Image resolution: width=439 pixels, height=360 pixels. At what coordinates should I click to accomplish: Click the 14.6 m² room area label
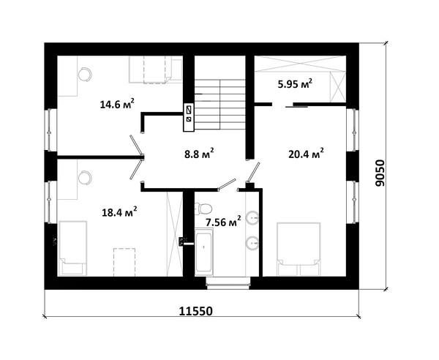(x=117, y=104)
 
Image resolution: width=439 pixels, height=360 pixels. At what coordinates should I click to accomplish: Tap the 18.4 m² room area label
(x=119, y=212)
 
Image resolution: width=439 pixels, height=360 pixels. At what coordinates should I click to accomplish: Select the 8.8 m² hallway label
(x=199, y=153)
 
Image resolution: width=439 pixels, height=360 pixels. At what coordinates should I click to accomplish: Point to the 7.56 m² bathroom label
(x=223, y=222)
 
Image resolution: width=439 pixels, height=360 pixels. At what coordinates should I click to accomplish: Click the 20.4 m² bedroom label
(x=306, y=154)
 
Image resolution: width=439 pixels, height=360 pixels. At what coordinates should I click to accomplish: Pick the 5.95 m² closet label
(x=295, y=83)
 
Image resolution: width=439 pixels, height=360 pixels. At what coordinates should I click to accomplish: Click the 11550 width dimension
(x=195, y=311)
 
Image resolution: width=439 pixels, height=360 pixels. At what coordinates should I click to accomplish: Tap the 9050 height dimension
(x=380, y=173)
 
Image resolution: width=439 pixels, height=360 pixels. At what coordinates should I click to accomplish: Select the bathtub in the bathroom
(x=203, y=252)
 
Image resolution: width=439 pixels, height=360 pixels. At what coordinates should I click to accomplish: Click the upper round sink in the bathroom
(x=253, y=217)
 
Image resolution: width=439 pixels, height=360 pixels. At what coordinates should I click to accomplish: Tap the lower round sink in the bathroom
(x=253, y=243)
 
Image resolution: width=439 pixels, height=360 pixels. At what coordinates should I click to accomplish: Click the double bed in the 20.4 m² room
(x=299, y=249)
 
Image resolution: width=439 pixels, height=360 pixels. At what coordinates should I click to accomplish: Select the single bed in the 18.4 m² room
(x=72, y=248)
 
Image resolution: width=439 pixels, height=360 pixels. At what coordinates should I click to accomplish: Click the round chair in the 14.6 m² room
(x=85, y=75)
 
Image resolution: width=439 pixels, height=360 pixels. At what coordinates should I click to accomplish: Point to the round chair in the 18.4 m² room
(x=85, y=178)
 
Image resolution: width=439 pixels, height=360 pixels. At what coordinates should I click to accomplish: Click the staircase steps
(x=220, y=104)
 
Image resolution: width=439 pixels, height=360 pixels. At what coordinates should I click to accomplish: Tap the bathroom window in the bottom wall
(x=228, y=283)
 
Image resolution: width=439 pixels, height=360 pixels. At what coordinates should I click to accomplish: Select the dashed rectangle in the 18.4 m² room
(x=124, y=262)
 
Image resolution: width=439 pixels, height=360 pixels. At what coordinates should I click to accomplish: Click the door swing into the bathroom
(x=227, y=184)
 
